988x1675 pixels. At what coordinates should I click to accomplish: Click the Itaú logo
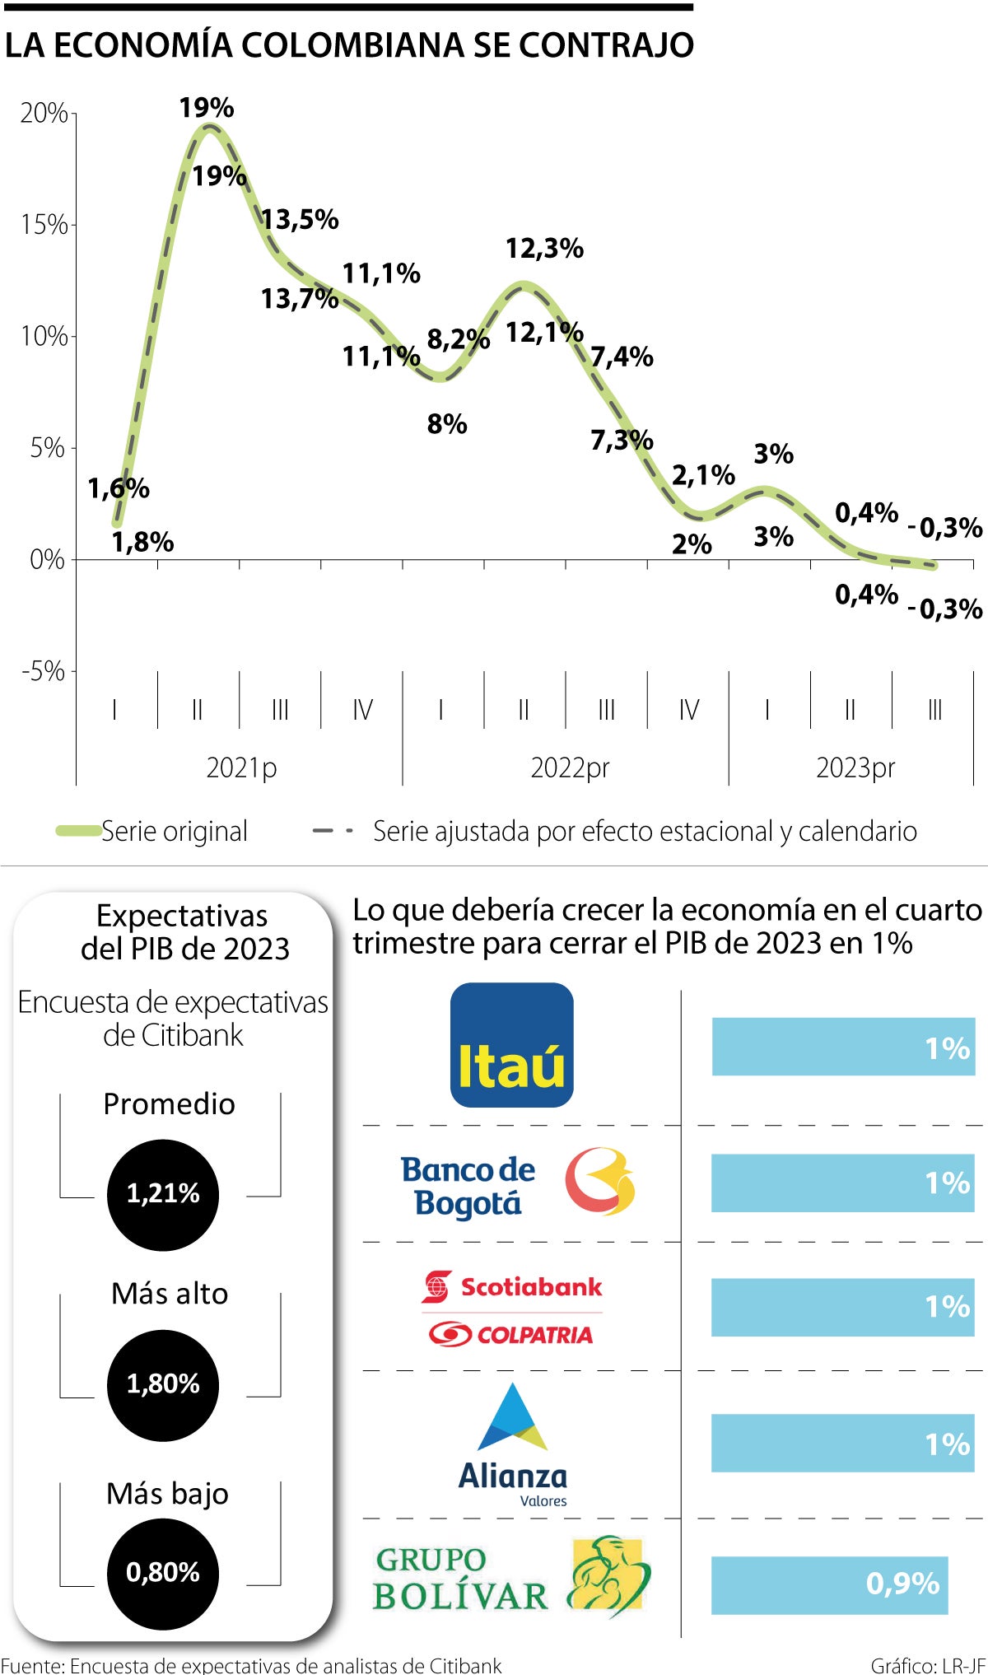[511, 1044]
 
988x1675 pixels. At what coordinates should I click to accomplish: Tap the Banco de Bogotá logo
[518, 1183]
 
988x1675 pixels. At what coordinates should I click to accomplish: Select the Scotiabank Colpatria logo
[512, 1309]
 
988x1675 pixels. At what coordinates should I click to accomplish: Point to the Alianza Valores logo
[513, 1445]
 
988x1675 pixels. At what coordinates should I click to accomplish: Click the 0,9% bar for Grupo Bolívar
[829, 1584]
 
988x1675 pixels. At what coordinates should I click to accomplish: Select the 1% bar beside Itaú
[842, 1047]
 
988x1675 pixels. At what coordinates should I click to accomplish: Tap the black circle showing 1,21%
[163, 1194]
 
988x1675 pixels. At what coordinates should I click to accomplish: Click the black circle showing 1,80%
[163, 1384]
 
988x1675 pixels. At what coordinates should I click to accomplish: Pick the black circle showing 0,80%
[163, 1573]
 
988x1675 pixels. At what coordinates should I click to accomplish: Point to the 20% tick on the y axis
[44, 113]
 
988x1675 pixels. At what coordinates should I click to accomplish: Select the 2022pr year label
[570, 768]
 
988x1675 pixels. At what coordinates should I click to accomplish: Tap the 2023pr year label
[855, 768]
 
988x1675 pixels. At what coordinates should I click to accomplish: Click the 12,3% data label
[544, 248]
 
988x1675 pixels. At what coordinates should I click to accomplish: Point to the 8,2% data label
[458, 338]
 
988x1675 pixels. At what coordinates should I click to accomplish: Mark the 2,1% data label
[703, 474]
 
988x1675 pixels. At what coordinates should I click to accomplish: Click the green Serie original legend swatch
[78, 831]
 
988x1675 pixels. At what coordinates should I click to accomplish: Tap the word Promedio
[169, 1103]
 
